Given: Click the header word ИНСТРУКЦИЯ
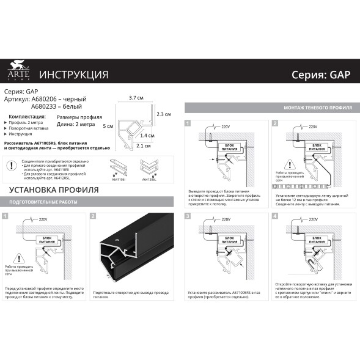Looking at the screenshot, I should (73, 75).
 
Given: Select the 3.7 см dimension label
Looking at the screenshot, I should (136, 98).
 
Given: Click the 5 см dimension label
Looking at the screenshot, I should (108, 125).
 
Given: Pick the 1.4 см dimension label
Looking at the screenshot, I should (147, 135).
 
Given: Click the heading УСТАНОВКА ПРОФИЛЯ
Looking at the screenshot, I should (53, 189).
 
